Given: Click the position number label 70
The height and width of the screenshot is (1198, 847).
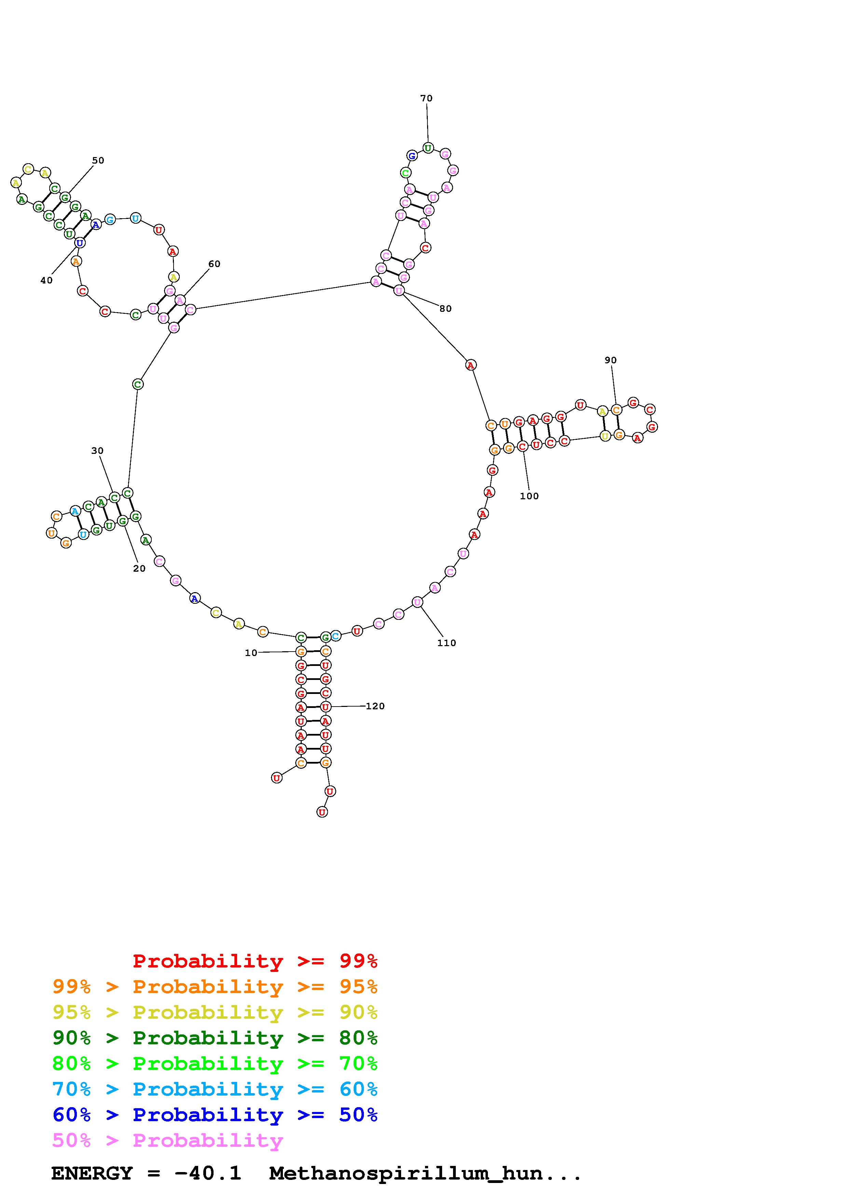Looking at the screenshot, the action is tap(426, 98).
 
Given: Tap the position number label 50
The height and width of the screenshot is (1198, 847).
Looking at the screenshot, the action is tap(98, 160).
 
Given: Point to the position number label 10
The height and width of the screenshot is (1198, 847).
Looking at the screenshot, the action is tap(251, 653).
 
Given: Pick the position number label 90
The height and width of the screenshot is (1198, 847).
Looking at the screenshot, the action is tap(611, 360).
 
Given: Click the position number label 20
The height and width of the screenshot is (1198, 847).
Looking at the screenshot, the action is tap(139, 568).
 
